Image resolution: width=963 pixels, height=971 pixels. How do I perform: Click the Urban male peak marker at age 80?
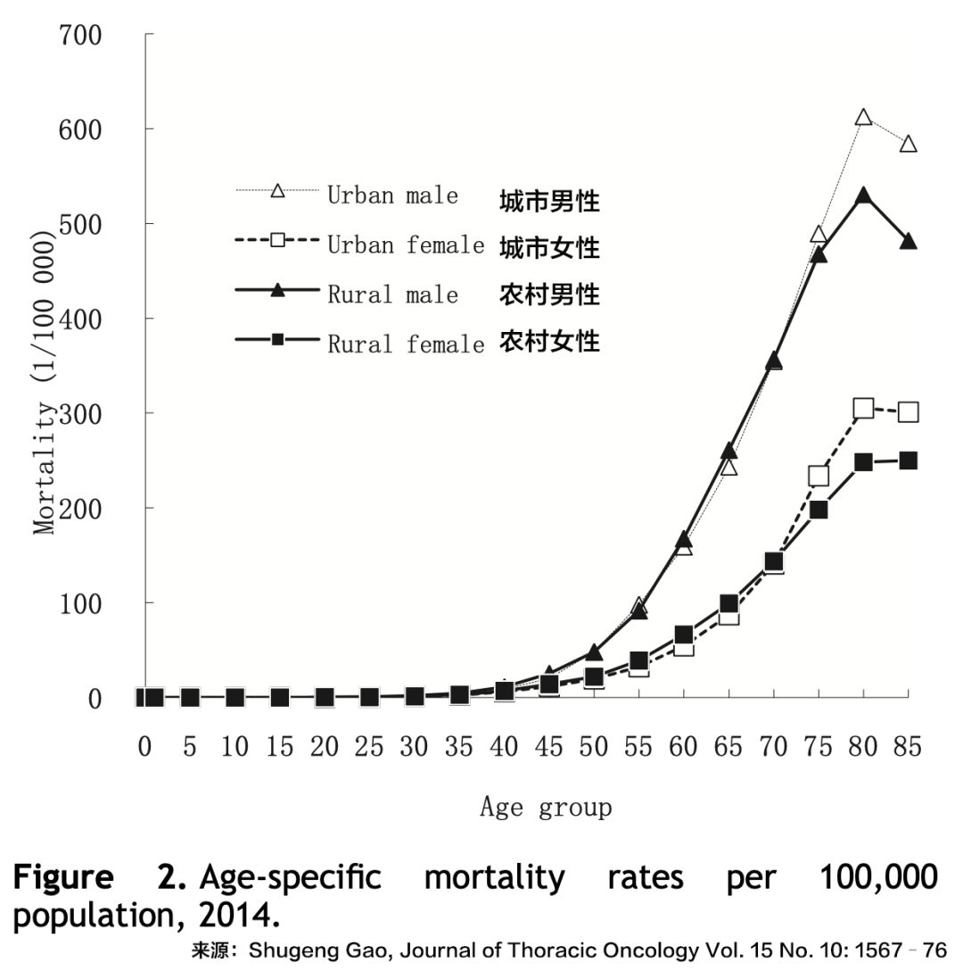[x=863, y=118]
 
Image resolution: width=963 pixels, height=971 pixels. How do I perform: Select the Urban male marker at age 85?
[x=908, y=145]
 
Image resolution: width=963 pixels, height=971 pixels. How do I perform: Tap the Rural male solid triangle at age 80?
[x=863, y=195]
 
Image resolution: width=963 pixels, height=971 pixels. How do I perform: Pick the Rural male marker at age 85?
[x=908, y=242]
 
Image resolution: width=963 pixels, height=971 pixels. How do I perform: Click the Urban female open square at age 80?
[x=863, y=409]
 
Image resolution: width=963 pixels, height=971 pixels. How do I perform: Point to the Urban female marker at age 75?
[x=819, y=476]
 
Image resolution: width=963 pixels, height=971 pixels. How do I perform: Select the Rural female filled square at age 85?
[x=908, y=461]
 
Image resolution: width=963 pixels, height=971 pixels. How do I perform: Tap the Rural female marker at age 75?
[x=819, y=510]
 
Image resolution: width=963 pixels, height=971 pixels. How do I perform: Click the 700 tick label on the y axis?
[x=80, y=36]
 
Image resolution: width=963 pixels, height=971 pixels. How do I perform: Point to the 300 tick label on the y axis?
[x=80, y=413]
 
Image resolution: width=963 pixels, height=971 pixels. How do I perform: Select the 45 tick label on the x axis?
[x=548, y=748]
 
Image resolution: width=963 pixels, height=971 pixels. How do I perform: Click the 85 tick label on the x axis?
[x=908, y=748]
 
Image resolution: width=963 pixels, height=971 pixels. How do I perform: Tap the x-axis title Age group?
[x=546, y=808]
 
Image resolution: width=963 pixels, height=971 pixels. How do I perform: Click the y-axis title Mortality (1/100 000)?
[x=45, y=379]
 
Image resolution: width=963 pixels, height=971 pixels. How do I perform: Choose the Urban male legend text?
[x=392, y=195]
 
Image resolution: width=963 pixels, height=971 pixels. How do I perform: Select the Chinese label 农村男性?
[x=549, y=294]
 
